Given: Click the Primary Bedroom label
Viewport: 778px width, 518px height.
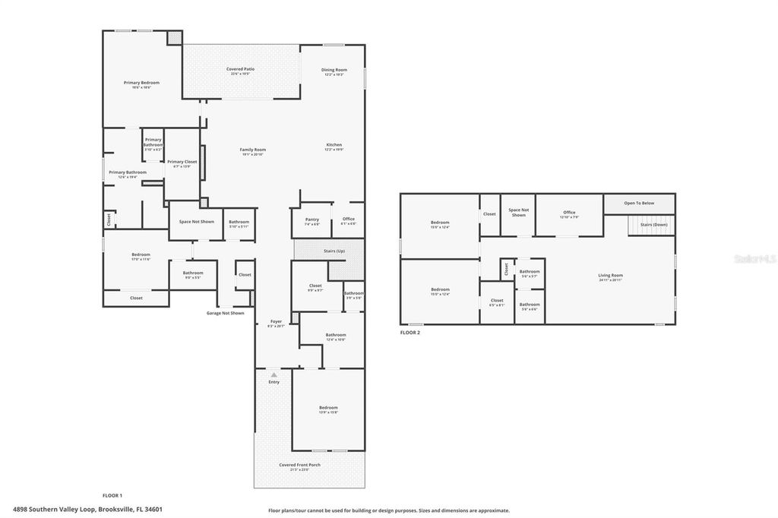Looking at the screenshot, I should coord(142,83).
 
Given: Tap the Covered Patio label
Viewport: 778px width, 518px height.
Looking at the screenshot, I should coord(240,69).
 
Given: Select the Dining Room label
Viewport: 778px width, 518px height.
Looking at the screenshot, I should coord(335,70).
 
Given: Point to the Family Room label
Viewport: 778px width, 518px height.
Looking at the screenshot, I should coord(253,150).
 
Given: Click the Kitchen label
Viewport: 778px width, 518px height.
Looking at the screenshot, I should coord(334,145).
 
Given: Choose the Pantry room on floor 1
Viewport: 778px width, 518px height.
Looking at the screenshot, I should coord(312,220).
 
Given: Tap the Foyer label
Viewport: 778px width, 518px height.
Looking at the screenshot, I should coord(277,321).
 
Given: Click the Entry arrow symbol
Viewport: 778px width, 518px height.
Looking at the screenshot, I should coord(274,374).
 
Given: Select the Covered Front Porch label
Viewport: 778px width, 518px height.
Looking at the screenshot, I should coord(299,465).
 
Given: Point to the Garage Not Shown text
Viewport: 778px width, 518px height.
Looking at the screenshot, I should coord(226,313).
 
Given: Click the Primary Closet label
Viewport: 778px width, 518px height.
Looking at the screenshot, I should coord(182,162).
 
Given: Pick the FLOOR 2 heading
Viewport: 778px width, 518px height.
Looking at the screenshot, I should coord(410,333).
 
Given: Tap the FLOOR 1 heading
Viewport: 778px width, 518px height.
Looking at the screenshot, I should coord(112,495).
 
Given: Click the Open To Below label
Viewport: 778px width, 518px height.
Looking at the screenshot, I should coord(639,204).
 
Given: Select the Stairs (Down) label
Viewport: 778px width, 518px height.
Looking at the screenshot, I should coord(653,225).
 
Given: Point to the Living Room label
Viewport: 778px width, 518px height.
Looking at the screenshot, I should coord(610,276).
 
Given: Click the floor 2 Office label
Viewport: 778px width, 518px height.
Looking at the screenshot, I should coord(569,213).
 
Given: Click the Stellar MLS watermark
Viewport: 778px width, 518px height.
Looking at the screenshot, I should coord(754,259).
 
